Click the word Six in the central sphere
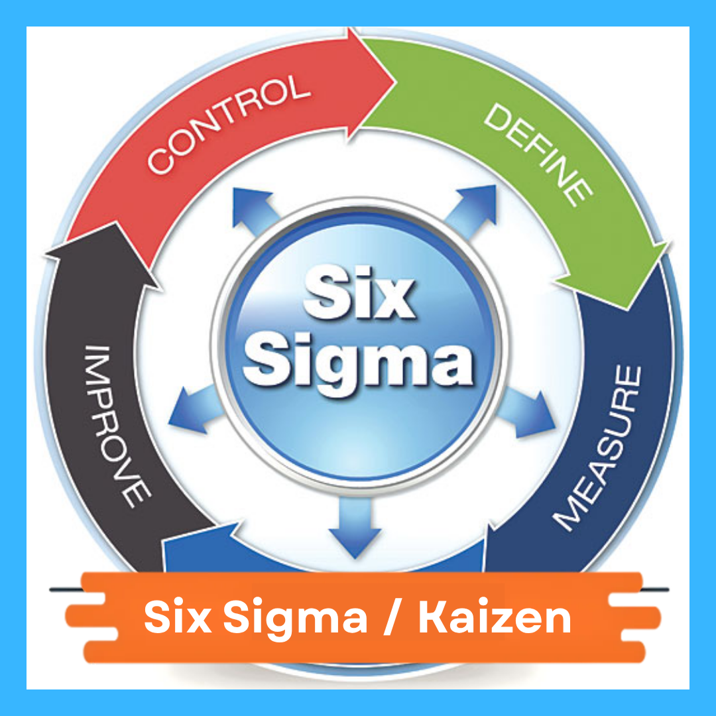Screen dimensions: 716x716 click(x=358, y=294)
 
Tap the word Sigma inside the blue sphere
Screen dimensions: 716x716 click(x=358, y=361)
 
